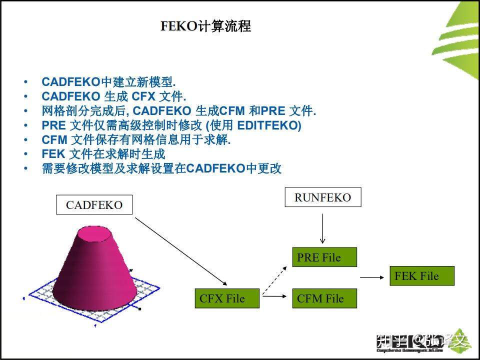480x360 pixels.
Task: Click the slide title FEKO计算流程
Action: tap(205, 26)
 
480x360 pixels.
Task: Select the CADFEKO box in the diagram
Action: tap(94, 205)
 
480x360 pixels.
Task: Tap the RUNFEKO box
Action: tap(322, 197)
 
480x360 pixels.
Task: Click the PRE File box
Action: tap(324, 257)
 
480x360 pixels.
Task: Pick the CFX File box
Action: tap(227, 298)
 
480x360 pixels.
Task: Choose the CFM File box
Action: tap(324, 298)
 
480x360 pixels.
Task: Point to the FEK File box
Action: tap(421, 276)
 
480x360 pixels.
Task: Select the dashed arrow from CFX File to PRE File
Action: tap(275, 280)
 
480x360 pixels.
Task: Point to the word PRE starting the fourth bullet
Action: tap(53, 125)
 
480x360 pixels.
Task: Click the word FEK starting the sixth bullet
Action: tap(53, 154)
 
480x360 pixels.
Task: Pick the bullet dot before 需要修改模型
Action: tap(25, 168)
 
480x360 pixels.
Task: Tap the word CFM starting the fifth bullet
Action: tap(54, 140)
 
